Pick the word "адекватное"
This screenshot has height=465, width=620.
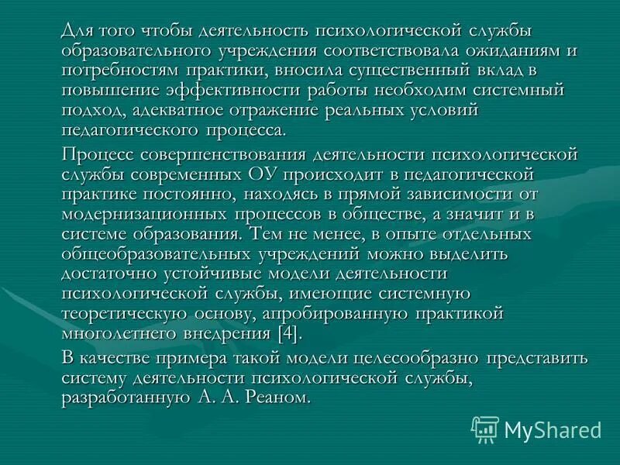172,112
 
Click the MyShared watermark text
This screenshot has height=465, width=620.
553,429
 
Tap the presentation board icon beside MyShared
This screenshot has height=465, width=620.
485,429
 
